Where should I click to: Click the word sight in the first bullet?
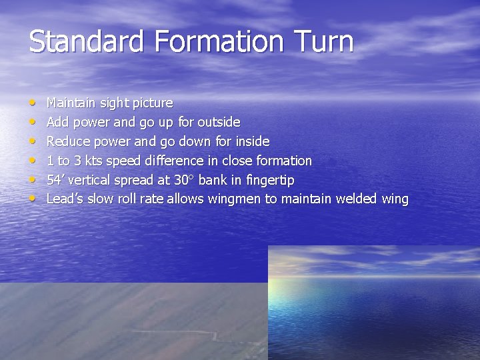114,103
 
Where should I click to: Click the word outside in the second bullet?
220,123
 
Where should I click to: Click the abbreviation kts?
93,161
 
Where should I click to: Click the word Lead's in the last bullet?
63,199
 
